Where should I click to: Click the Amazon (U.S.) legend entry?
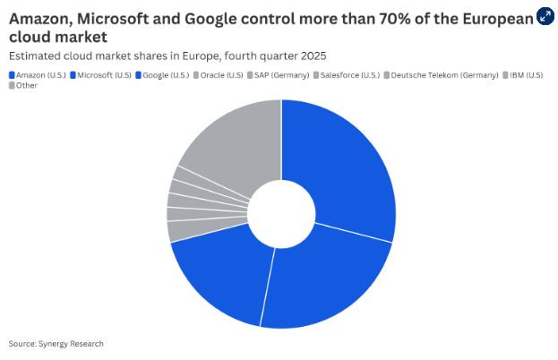[x=36, y=74]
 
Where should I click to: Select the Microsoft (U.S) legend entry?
[x=100, y=74]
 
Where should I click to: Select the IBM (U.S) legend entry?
[x=527, y=74]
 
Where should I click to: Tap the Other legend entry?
[x=24, y=86]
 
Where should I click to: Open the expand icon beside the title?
[x=545, y=16]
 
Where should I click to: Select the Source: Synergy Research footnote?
[x=56, y=344]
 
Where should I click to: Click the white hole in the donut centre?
[x=281, y=213]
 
